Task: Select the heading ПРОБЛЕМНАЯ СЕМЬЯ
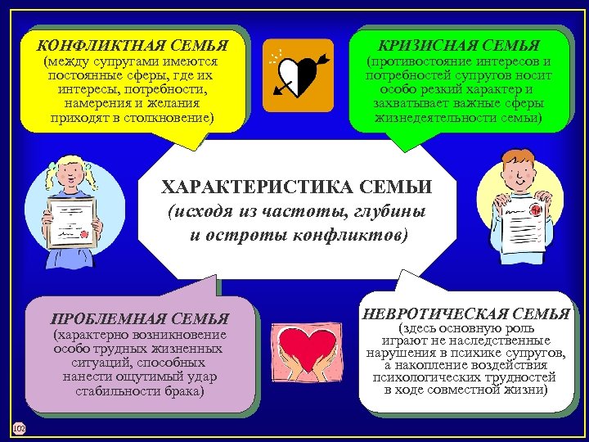[139, 318]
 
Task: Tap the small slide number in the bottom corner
[19, 427]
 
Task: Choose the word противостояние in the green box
[425, 62]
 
